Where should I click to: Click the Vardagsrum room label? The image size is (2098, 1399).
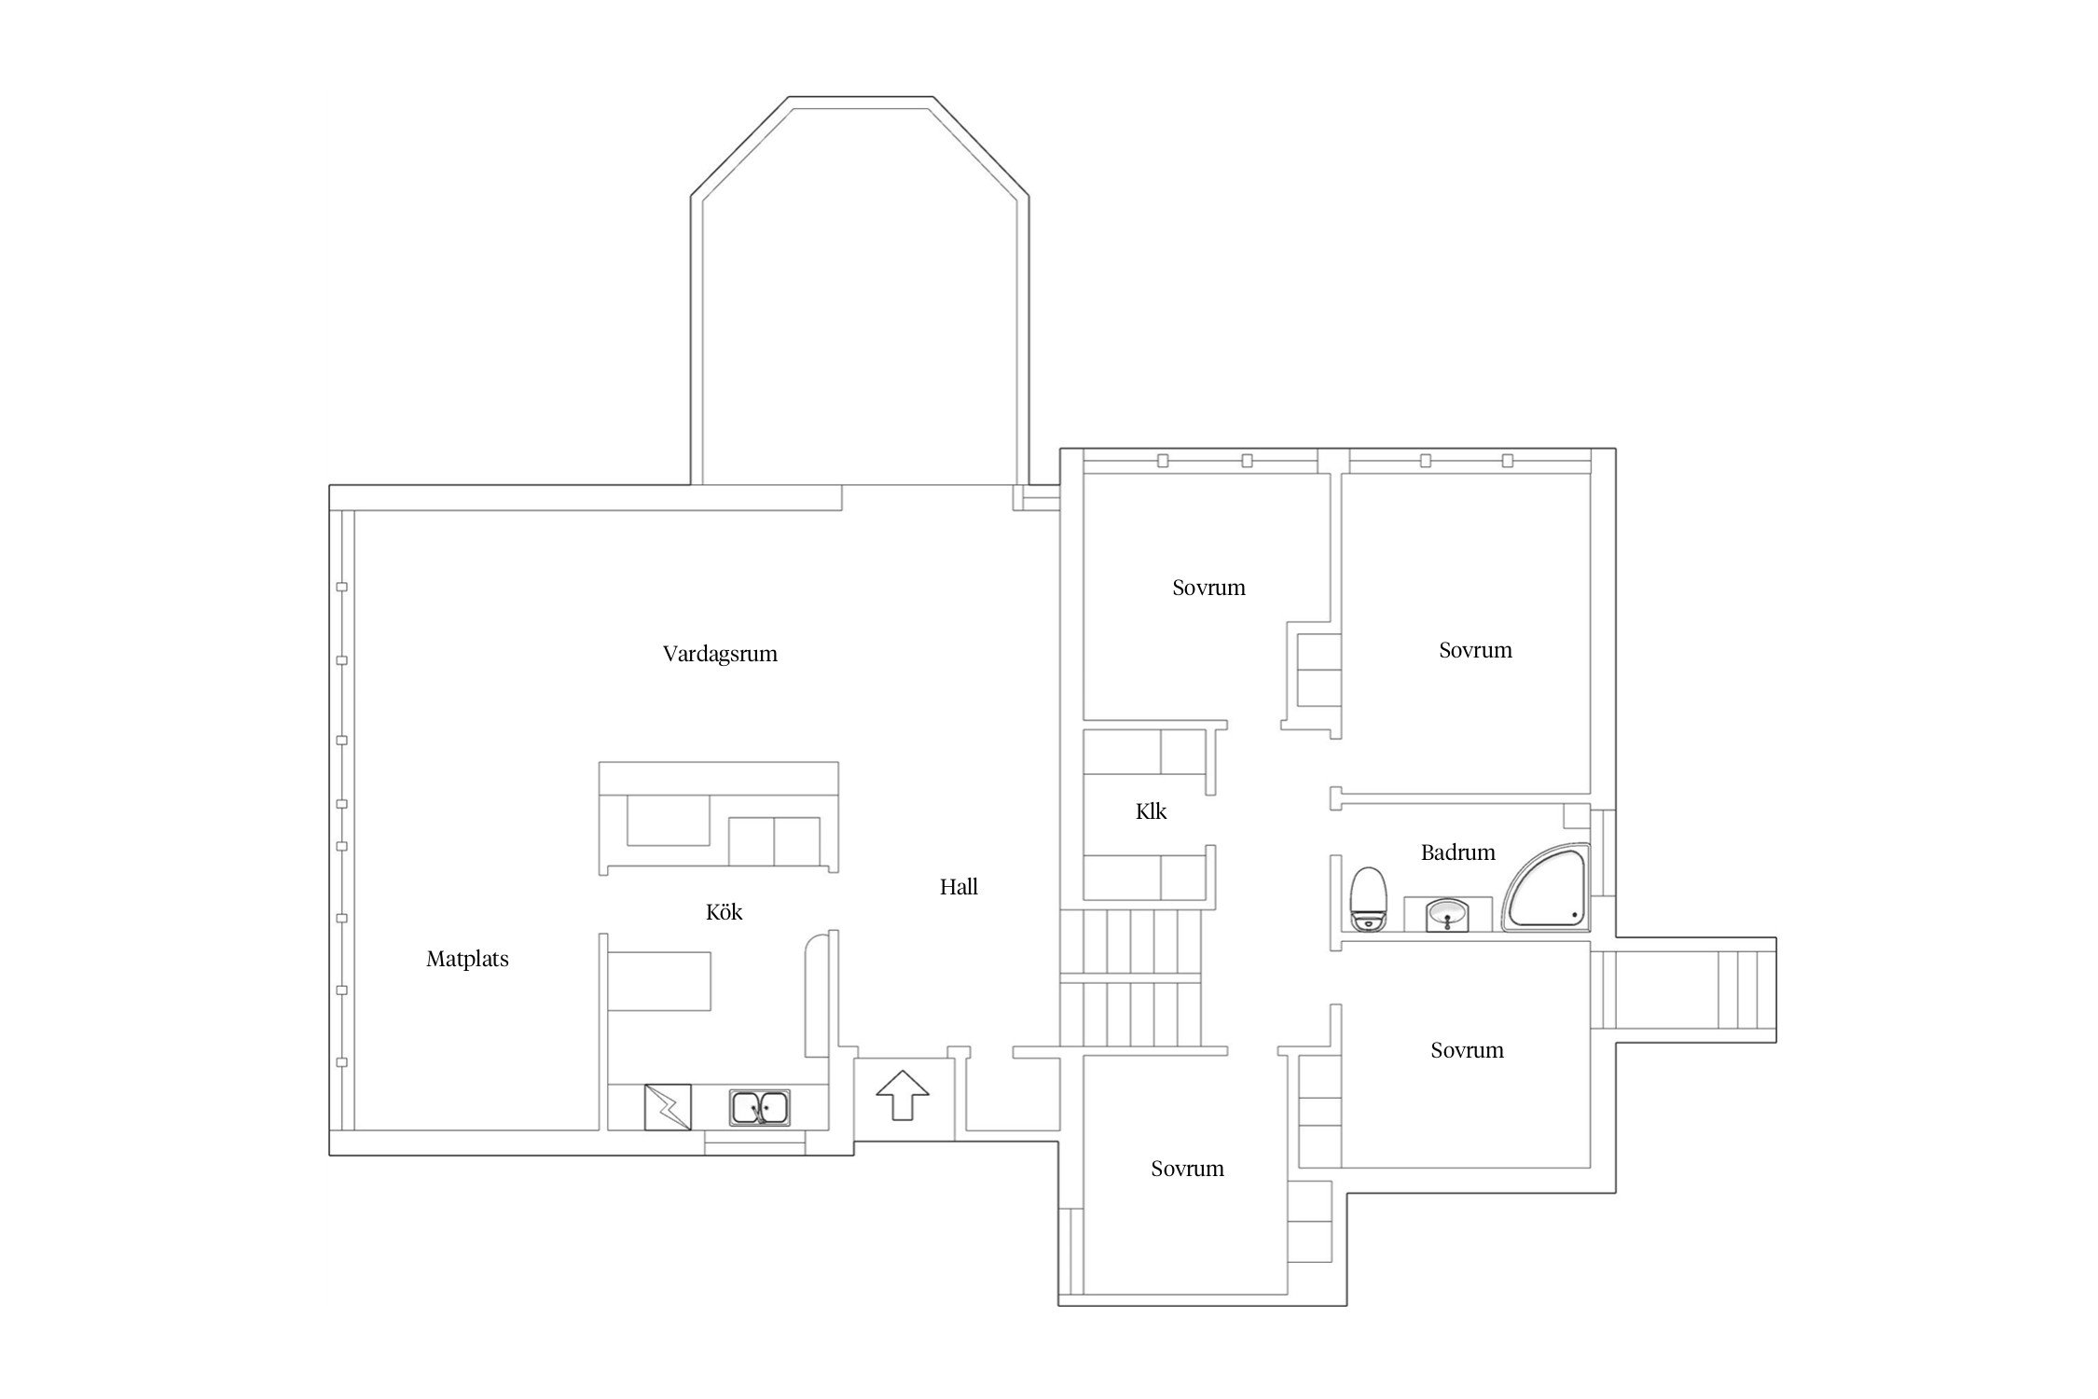point(720,654)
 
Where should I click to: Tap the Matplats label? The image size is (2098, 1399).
point(467,959)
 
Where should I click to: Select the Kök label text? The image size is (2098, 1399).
point(725,911)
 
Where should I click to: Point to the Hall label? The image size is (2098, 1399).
point(959,887)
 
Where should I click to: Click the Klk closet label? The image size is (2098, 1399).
point(1151,811)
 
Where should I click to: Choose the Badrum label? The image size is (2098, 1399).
point(1457,852)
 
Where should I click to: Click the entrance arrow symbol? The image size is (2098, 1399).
point(903,1095)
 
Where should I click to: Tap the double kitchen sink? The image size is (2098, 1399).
point(760,1108)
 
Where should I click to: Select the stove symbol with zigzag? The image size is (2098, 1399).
point(668,1107)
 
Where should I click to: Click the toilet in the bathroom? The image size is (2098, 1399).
point(1368,899)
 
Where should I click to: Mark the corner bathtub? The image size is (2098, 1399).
point(1546,888)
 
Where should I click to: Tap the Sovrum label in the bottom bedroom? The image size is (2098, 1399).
point(1187,1169)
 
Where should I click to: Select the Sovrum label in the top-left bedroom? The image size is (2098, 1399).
point(1208,588)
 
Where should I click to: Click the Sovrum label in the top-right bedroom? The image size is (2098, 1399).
point(1475,650)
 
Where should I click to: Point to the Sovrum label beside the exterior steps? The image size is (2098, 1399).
point(1467,1050)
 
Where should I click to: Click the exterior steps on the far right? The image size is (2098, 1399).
point(1683,990)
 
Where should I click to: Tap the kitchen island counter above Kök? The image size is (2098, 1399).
point(719,818)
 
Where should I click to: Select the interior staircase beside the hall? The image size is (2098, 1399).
point(1131,979)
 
